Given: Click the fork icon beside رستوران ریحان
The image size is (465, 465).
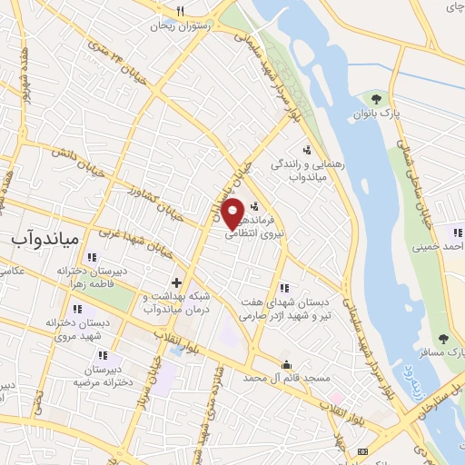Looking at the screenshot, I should pyautogui.click(x=181, y=12).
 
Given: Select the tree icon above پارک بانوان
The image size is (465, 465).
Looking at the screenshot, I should pyautogui.click(x=376, y=98).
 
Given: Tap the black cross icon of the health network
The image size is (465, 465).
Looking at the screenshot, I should pyautogui.click(x=176, y=283).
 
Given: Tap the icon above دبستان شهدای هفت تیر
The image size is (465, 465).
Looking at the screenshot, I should pyautogui.click(x=285, y=288).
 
